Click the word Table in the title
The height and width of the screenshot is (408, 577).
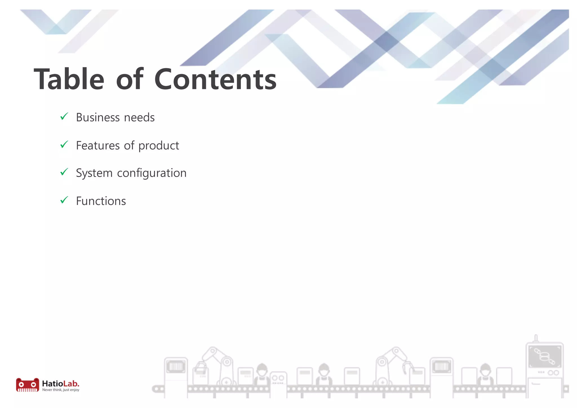[69, 79]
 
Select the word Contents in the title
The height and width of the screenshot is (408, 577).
[216, 79]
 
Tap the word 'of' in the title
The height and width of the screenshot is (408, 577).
[130, 79]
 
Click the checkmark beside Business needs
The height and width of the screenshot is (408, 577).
[64, 116]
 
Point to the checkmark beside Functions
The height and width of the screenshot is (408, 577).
[64, 200]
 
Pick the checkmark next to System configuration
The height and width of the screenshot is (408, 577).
[64, 172]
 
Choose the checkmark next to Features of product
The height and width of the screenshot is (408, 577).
[64, 145]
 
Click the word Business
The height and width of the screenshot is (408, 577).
[98, 117]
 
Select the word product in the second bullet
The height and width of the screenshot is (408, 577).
[159, 146]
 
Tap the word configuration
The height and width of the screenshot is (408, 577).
[152, 173]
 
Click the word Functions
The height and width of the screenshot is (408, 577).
[101, 201]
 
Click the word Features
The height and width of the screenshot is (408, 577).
[98, 146]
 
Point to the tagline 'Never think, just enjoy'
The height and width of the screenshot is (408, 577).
[61, 390]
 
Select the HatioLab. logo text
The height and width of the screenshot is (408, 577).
[61, 383]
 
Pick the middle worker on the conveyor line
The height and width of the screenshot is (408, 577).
[324, 373]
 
